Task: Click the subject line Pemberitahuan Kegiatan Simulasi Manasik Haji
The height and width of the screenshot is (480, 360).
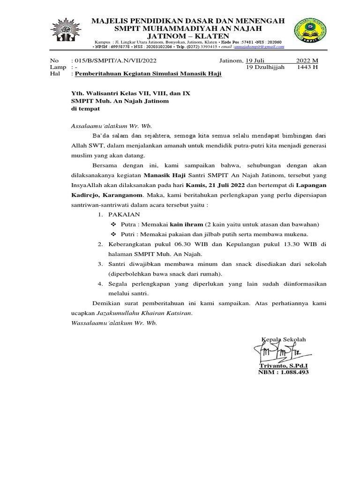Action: coord(148,74)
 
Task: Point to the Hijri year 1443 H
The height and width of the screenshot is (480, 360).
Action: coord(307,67)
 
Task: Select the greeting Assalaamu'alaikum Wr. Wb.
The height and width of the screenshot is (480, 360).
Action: coord(111,126)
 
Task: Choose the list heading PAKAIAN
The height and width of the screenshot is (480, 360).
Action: coord(124,214)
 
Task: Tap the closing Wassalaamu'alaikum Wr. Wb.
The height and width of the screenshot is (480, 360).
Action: coord(114,323)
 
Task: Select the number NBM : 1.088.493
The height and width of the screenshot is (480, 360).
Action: coord(284,372)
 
